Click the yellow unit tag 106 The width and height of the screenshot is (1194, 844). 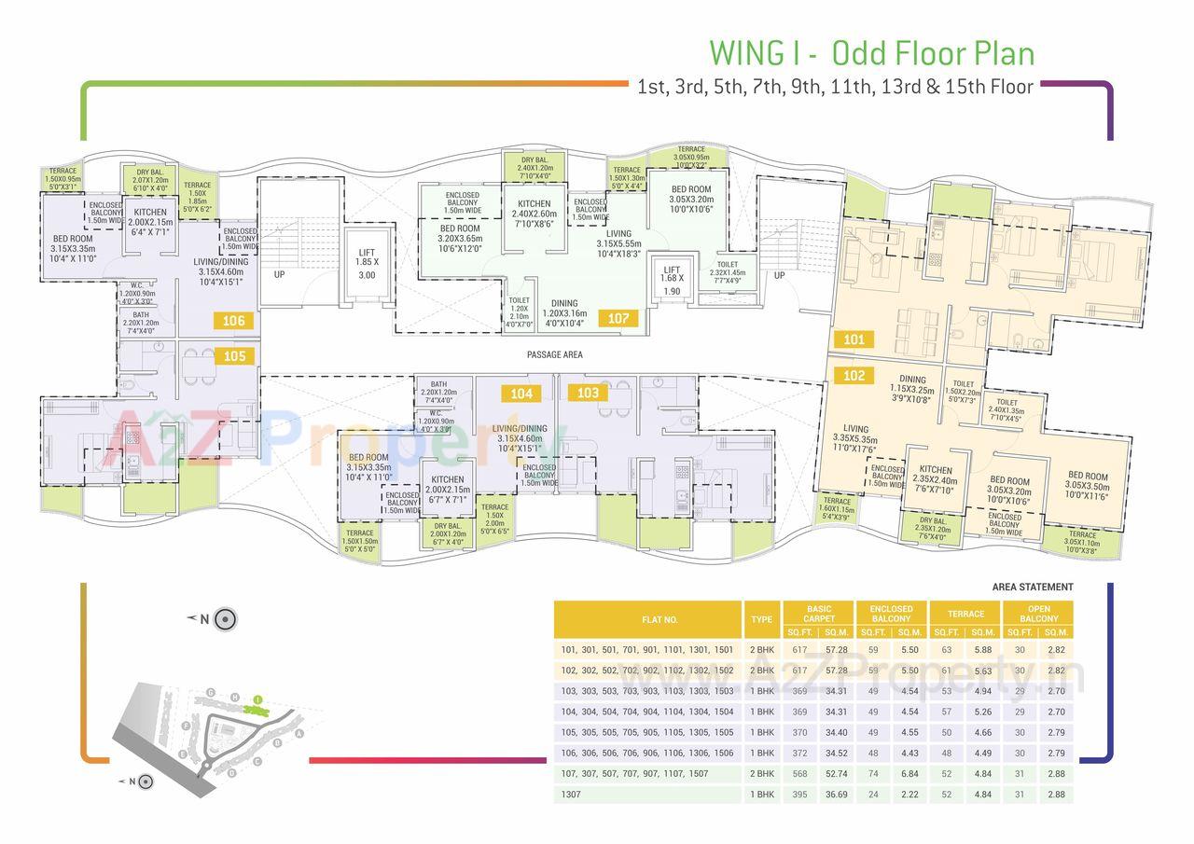point(233,321)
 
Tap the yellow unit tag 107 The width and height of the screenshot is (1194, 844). point(618,318)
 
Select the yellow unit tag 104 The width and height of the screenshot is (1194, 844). point(521,394)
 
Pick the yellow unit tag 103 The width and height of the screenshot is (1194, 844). point(588,394)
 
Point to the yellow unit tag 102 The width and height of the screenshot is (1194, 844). point(854,376)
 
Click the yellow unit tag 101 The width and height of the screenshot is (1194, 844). point(854,339)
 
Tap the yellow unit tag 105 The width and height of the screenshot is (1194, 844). point(234,356)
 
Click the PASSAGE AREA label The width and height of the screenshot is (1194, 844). point(554,354)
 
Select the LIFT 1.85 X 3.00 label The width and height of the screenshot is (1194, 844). point(367,263)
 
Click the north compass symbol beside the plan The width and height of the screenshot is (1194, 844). point(225,618)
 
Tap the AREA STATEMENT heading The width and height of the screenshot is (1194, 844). point(1033,588)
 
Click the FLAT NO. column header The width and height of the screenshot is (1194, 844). point(659,619)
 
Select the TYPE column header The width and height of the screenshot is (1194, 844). point(761,619)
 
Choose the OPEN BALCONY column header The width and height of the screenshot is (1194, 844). point(1038,613)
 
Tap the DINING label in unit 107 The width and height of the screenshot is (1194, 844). point(563,303)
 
